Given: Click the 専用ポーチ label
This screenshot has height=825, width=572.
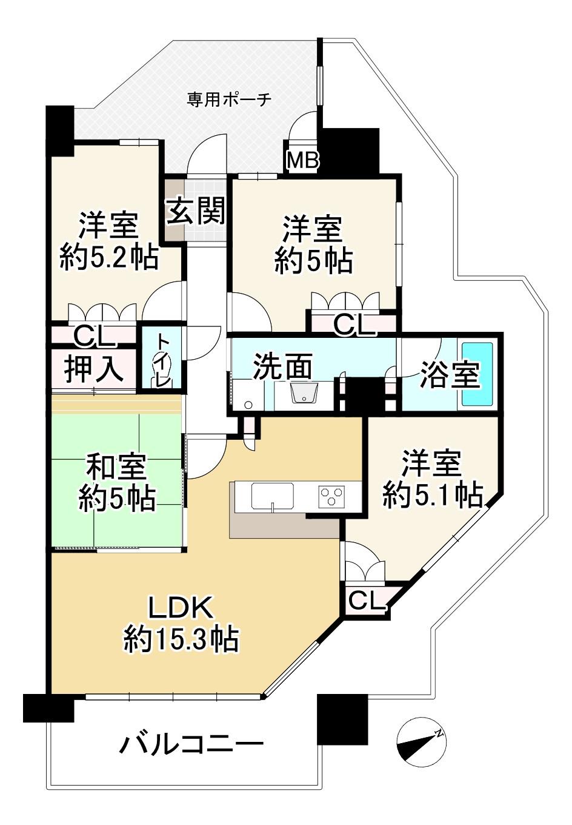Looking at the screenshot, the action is pyautogui.click(x=229, y=100).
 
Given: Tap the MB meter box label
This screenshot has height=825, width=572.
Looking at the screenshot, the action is pyautogui.click(x=302, y=160).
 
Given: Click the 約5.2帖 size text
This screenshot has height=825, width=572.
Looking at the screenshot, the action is pyautogui.click(x=109, y=257).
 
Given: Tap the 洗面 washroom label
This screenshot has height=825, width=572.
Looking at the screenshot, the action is pyautogui.click(x=283, y=366).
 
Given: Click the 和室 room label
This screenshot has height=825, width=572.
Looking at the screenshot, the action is pyautogui.click(x=116, y=467).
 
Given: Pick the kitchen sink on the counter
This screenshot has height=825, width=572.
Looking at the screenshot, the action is pyautogui.click(x=273, y=496).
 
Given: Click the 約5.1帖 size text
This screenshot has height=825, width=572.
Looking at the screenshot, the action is pyautogui.click(x=432, y=495).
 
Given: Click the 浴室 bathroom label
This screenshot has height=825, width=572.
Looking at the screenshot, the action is pyautogui.click(x=450, y=375).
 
